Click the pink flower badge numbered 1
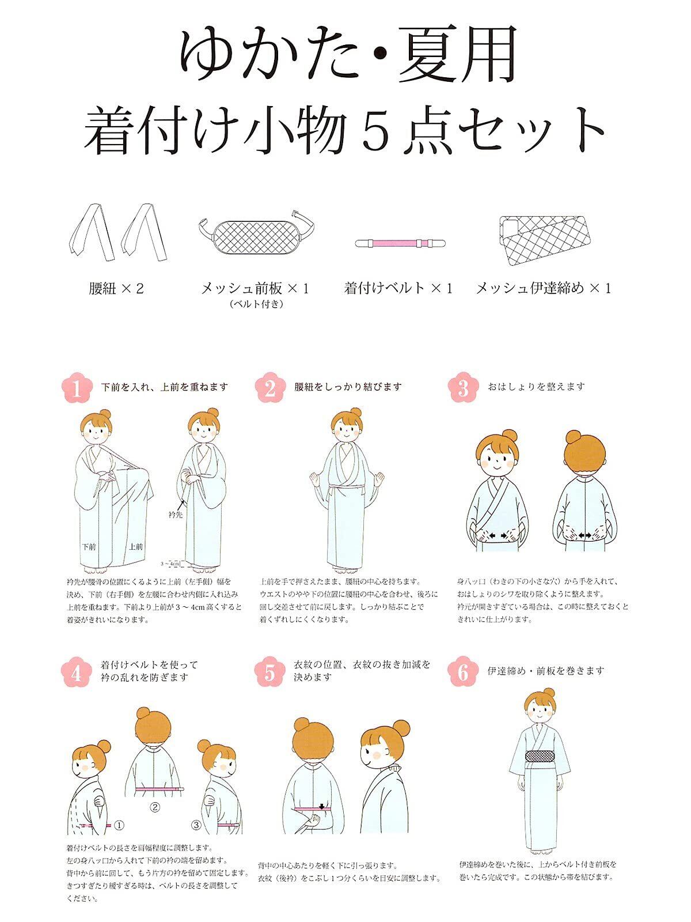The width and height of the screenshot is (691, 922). (77, 388)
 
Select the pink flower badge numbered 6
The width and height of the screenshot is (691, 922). (463, 672)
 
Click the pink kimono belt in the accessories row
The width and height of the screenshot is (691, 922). (400, 243)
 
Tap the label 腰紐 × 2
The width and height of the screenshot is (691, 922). (116, 289)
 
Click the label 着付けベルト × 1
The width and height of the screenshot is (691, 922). (398, 289)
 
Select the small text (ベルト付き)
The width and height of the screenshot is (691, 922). (256, 304)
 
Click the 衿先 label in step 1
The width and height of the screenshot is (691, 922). (176, 515)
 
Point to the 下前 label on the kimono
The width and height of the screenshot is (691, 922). (89, 546)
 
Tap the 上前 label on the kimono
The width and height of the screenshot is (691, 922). (135, 546)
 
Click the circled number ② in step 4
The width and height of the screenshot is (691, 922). (155, 807)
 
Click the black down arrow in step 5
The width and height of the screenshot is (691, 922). (322, 807)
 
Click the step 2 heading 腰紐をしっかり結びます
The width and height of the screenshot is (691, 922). (348, 387)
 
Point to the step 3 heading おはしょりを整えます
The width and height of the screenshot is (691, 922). (536, 387)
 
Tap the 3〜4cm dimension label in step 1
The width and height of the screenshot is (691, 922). (170, 563)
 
